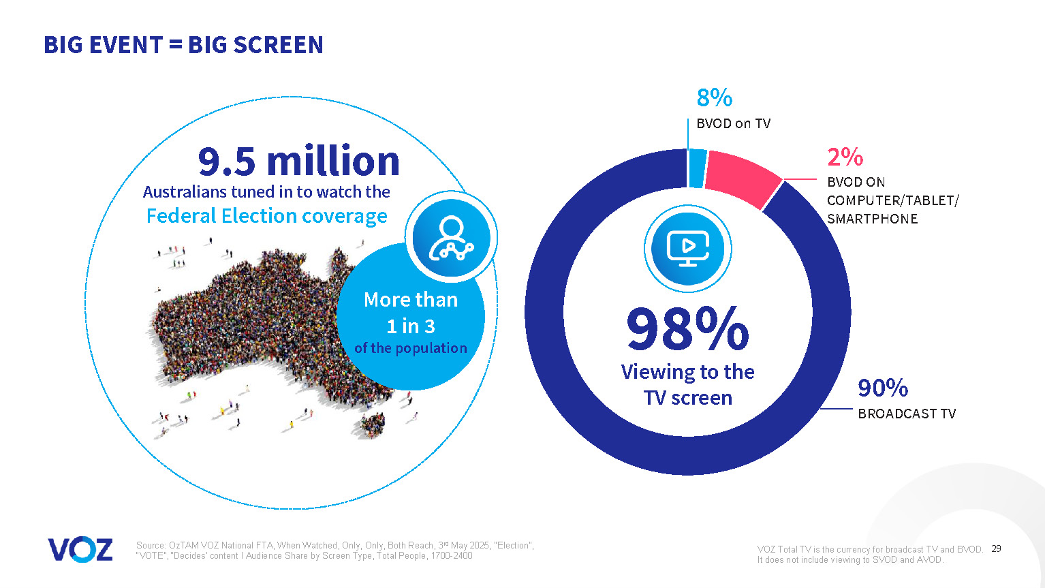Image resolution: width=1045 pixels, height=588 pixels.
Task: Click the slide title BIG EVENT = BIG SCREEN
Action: pyautogui.click(x=183, y=45)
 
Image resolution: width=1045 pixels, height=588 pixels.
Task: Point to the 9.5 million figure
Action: pyautogui.click(x=298, y=161)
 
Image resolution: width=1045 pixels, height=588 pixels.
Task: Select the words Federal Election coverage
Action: pyautogui.click(x=266, y=216)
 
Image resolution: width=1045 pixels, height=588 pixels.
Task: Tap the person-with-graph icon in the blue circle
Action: pyautogui.click(x=451, y=238)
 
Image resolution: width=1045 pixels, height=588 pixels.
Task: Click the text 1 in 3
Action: pyautogui.click(x=410, y=326)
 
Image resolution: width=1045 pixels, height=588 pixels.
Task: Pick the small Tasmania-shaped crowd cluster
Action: pyautogui.click(x=373, y=425)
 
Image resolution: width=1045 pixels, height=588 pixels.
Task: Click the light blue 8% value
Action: pyautogui.click(x=714, y=98)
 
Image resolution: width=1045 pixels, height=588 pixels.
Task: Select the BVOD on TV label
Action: pyautogui.click(x=733, y=123)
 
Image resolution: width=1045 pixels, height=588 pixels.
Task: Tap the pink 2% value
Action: pyautogui.click(x=845, y=157)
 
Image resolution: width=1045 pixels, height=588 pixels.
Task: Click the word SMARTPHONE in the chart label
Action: pyautogui.click(x=872, y=219)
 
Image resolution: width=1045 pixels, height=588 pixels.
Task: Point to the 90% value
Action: pyautogui.click(x=882, y=388)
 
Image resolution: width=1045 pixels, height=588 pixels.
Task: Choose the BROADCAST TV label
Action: pyautogui.click(x=906, y=414)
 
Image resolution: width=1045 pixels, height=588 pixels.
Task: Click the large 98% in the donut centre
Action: pyautogui.click(x=687, y=329)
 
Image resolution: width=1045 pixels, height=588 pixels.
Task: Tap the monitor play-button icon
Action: pyautogui.click(x=687, y=249)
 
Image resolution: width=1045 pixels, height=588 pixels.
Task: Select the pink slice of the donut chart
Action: pyautogui.click(x=743, y=178)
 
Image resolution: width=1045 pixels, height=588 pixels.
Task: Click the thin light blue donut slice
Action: pyautogui.click(x=696, y=168)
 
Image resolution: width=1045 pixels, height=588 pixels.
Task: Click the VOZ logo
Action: pyautogui.click(x=80, y=550)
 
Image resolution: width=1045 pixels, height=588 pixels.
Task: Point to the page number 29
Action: pyautogui.click(x=996, y=548)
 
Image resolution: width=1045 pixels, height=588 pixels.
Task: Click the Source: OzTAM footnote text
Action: pyautogui.click(x=334, y=551)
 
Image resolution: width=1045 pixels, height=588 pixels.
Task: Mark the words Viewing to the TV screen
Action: pyautogui.click(x=687, y=384)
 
